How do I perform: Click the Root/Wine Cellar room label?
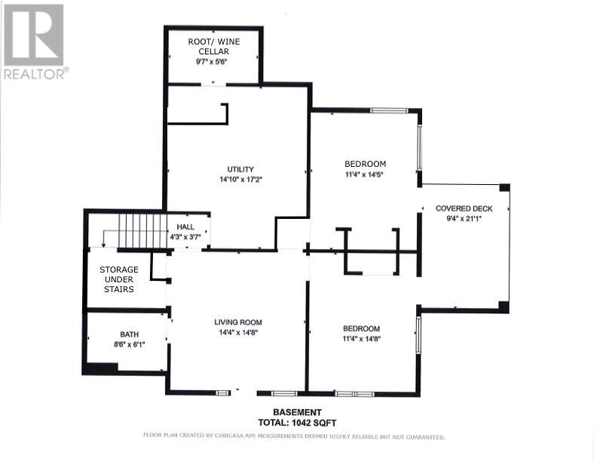[x=213, y=47]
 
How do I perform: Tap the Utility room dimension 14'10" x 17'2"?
[x=241, y=180]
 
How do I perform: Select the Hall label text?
[x=185, y=226]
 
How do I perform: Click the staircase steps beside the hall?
[x=142, y=230]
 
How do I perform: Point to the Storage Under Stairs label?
[x=119, y=279]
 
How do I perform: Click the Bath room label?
[x=130, y=334]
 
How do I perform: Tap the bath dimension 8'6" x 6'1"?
[x=130, y=344]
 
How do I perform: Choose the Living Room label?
[x=238, y=322]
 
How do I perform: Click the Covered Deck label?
[x=464, y=208]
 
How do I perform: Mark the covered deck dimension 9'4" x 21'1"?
[x=464, y=219]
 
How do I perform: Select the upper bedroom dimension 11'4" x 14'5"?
[x=364, y=174]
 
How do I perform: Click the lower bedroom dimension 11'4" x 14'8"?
[x=362, y=338]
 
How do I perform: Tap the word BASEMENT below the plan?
[x=297, y=412]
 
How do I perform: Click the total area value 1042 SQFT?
[x=314, y=422]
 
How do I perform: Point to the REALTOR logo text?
[x=35, y=74]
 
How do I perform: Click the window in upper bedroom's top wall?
[x=389, y=111]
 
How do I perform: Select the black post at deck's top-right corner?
[x=504, y=187]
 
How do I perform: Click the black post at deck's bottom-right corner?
[x=504, y=306]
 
